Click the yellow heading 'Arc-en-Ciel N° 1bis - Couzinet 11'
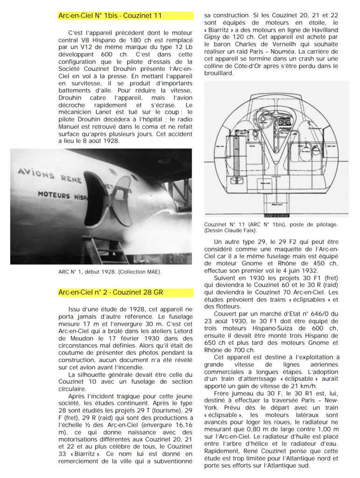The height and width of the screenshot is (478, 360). click(110, 16)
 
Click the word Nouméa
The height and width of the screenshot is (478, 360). click(302, 52)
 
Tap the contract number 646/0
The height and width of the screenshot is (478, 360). click(326, 314)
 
